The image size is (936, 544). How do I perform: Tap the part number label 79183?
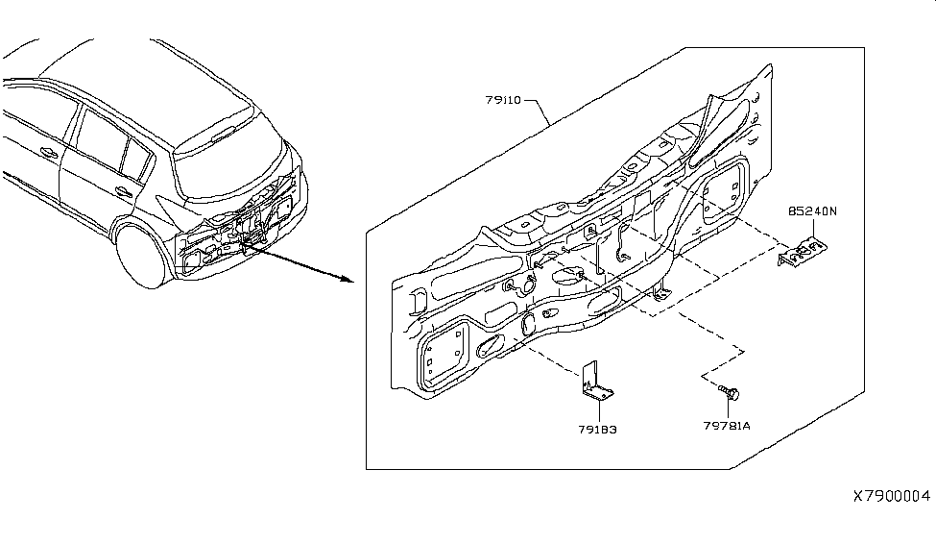click(597, 430)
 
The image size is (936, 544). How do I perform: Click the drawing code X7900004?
click(892, 497)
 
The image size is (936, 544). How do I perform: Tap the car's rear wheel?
click(142, 254)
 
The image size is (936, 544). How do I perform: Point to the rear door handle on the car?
click(123, 191)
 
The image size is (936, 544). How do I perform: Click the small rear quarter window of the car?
click(138, 153)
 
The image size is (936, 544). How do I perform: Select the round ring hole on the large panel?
click(527, 284)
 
